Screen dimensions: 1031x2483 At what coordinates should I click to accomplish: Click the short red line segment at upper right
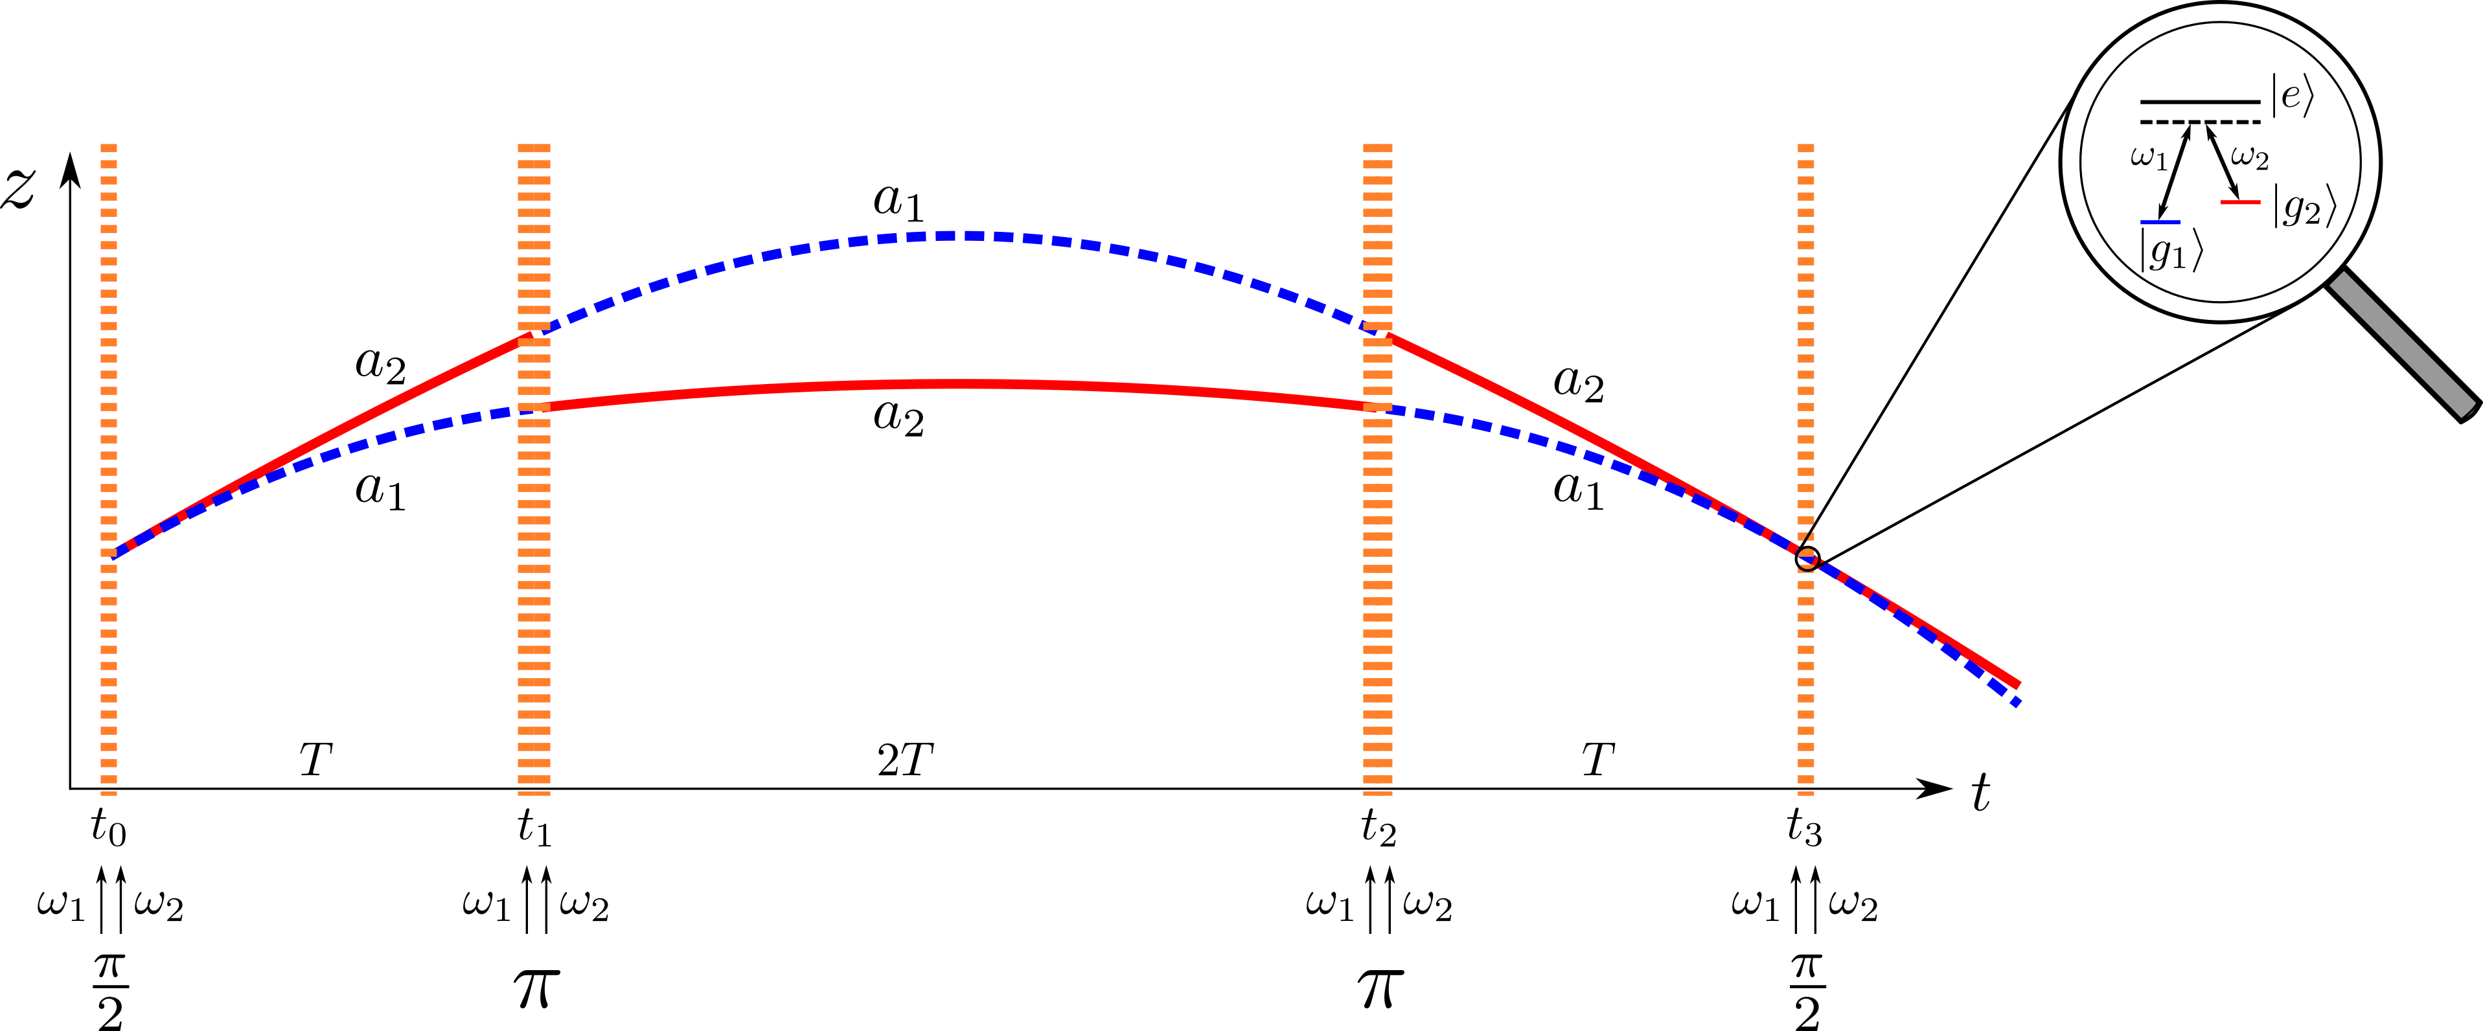point(2240,202)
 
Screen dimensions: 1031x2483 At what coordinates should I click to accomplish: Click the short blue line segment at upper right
point(2160,223)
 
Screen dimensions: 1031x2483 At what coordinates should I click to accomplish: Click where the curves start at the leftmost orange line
point(112,556)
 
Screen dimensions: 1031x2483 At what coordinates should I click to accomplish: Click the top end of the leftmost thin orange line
point(109,146)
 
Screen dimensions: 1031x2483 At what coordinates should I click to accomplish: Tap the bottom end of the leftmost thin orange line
point(109,794)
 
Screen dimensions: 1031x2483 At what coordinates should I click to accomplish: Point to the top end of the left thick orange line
point(534,146)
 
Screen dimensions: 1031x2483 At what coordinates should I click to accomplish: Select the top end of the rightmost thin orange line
point(1806,146)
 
